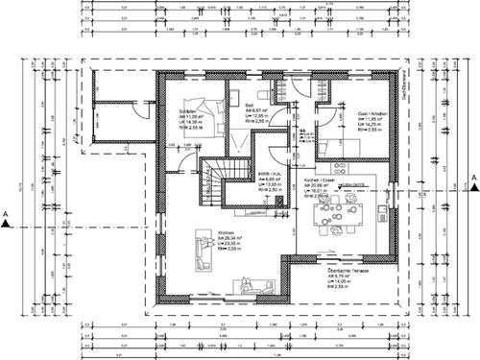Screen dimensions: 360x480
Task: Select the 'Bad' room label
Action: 250,105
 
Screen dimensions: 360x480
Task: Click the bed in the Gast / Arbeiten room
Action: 335,145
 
